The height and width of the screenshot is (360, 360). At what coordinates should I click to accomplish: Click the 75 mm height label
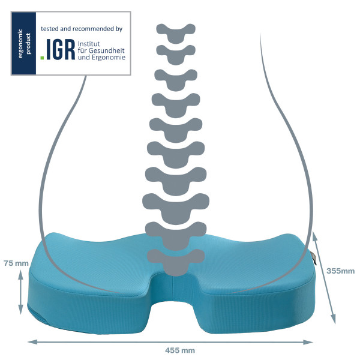pos(16,263)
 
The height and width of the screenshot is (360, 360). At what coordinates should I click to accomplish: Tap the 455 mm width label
pos(180,350)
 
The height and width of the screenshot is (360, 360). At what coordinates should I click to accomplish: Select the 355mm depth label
pos(340,271)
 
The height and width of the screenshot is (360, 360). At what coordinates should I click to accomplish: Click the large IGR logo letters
pos(61,49)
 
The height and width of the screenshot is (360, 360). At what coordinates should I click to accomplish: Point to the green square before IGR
pos(42,58)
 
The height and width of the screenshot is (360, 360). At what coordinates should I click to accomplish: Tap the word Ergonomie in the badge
pos(109,58)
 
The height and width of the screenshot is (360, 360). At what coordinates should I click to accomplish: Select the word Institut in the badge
pos(89,44)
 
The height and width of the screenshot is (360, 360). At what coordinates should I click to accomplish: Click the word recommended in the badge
pos(93,29)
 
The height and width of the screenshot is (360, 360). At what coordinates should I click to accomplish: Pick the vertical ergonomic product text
pos(24,44)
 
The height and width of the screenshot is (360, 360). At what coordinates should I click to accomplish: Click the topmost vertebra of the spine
pos(176,33)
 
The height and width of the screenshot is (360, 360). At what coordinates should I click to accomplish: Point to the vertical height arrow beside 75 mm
pos(20,292)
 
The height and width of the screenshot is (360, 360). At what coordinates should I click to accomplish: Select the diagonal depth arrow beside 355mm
pos(325,278)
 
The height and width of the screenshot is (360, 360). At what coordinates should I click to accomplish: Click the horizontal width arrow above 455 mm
pos(170,342)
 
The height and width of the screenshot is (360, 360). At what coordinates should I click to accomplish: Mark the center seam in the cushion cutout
pos(173,289)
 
